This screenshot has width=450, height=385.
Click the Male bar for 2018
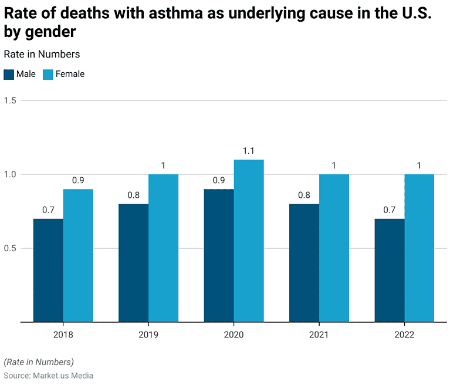pos(48,270)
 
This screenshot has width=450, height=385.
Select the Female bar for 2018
pos(78,255)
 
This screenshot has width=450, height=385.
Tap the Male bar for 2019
pos(133,263)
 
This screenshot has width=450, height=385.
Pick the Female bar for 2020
pos(249,241)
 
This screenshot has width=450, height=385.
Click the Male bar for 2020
pos(219,255)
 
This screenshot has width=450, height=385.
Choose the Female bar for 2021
pos(334,248)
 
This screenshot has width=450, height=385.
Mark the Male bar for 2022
pos(390,270)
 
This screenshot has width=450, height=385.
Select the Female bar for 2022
pos(419,248)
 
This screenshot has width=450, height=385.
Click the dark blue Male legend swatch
pos(9,75)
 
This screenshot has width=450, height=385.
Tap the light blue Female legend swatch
pos(48,75)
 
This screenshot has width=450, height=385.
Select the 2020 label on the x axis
pos(234,335)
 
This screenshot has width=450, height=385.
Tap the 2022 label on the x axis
pos(404,335)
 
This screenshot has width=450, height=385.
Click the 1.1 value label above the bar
pos(249,151)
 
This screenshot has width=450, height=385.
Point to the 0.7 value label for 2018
pos(48,210)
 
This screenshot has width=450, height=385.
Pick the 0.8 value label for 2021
pos(304,195)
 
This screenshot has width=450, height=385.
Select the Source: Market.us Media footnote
pos(49,375)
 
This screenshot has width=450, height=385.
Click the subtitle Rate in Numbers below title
pos(42,54)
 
